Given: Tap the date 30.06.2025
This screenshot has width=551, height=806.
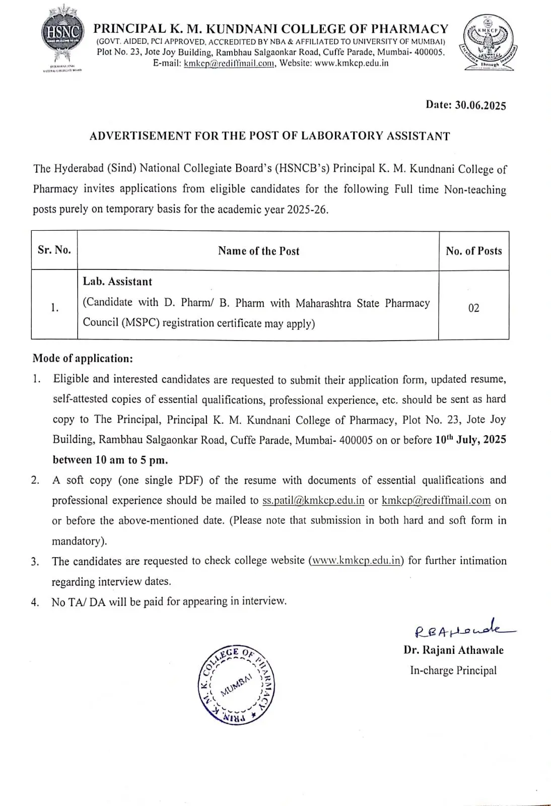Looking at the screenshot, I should click(x=480, y=105).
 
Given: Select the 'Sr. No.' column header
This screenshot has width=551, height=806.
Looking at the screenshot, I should click(x=54, y=250).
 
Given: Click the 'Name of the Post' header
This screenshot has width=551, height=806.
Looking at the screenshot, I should click(x=258, y=251).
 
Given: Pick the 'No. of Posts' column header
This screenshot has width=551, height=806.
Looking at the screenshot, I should click(x=474, y=251).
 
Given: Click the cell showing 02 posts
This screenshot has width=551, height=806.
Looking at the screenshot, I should click(x=474, y=308).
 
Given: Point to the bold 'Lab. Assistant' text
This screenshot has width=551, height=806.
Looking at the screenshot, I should click(x=117, y=282).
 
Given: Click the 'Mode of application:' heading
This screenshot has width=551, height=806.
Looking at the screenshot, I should click(x=83, y=359).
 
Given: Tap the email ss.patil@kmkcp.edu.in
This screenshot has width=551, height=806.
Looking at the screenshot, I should click(x=313, y=500).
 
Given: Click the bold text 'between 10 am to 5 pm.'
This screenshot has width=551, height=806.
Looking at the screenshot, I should click(x=110, y=460).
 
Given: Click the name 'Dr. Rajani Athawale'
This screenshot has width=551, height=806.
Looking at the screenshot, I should click(x=453, y=650).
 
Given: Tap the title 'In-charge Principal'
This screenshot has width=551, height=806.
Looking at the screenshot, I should click(x=453, y=670).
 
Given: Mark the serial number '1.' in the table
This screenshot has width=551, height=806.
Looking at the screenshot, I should click(x=54, y=308).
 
